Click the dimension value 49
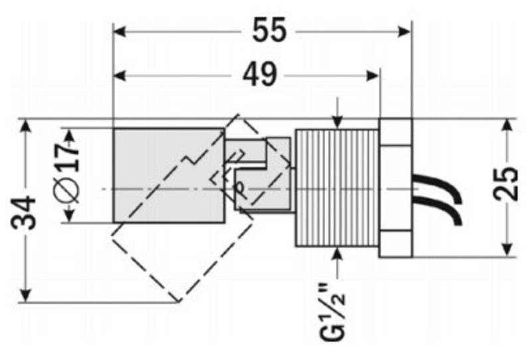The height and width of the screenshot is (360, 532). click(259, 75)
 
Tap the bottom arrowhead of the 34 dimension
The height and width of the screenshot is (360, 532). click(26, 295)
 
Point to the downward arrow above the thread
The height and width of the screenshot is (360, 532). click(338, 120)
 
